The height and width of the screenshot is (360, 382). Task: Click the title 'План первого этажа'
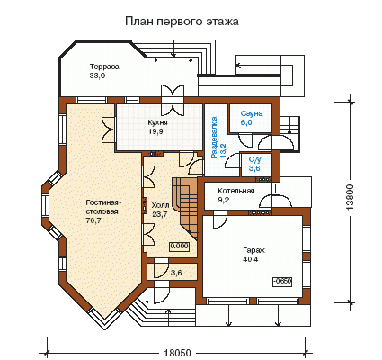182,22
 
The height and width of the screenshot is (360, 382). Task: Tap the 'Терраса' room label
104,67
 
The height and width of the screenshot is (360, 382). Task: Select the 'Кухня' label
157,122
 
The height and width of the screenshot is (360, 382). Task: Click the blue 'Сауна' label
252,113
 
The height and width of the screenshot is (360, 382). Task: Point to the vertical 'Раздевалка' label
214,138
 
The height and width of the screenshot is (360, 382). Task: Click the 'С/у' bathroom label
254,160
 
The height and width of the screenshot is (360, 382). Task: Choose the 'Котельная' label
236,191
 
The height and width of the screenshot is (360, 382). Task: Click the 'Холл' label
160,205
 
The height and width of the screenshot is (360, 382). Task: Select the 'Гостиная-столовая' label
102,207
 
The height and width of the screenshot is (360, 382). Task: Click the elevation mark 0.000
180,247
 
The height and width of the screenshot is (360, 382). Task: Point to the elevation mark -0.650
282,282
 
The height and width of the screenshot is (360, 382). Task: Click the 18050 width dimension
177,353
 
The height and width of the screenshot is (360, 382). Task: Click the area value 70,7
93,220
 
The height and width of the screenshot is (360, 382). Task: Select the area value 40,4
251,259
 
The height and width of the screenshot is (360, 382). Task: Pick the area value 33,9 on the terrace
97,76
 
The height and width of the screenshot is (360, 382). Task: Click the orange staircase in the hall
187,204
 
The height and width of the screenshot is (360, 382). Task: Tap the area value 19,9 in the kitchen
155,131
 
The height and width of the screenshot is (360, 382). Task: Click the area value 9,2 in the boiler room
224,200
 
